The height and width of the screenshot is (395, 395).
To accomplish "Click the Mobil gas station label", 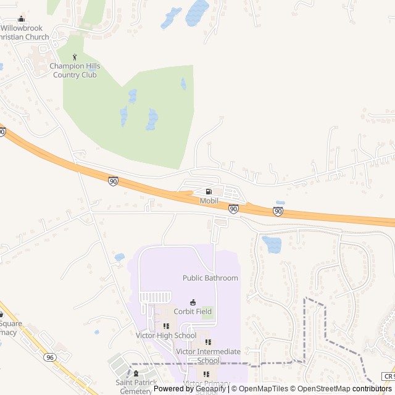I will click(209, 201).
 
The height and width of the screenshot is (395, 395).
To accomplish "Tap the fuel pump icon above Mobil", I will click(209, 192).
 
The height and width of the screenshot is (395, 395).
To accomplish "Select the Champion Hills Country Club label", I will click(75, 70).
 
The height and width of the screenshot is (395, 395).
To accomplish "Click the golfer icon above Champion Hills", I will click(75, 57).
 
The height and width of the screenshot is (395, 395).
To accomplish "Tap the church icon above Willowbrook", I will click(22, 19).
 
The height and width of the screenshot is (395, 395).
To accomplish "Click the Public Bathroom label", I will click(210, 278).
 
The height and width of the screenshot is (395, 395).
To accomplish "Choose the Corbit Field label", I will click(193, 312).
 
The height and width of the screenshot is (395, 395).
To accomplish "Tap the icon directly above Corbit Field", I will click(193, 302).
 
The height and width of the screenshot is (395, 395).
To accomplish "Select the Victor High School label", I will click(166, 336).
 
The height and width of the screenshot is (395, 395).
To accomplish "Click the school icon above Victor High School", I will click(166, 326).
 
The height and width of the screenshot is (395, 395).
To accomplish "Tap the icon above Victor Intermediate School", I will click(208, 342).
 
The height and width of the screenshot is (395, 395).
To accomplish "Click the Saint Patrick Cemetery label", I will click(136, 386).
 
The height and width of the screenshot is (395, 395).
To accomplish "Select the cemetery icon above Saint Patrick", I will click(136, 373).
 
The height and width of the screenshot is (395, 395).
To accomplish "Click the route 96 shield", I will click(50, 357).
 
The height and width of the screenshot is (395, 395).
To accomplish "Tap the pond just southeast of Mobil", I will click(272, 244).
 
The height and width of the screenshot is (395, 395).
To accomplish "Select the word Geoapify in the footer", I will click(210, 389).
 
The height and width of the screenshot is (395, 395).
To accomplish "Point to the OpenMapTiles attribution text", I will click(264, 389).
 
